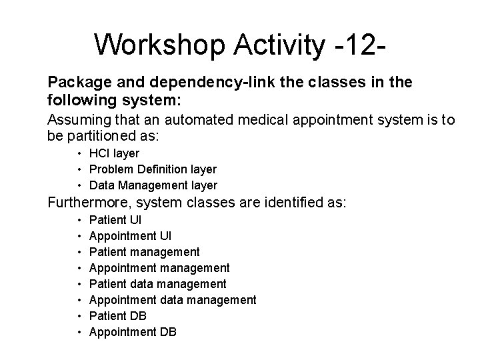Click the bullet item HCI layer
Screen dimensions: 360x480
click(114, 153)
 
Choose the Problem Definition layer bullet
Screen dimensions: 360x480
click(153, 169)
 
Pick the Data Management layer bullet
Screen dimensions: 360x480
click(153, 185)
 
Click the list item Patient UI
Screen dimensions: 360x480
click(115, 219)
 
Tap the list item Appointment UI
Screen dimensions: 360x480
click(130, 235)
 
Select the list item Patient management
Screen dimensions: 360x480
click(144, 251)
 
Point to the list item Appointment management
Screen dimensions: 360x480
click(159, 267)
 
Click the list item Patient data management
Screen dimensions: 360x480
click(157, 283)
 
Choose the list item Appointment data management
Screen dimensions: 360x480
click(172, 299)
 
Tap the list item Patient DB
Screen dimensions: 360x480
click(117, 315)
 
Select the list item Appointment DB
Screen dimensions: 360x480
click(133, 331)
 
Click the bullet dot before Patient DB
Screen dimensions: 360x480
click(80, 315)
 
